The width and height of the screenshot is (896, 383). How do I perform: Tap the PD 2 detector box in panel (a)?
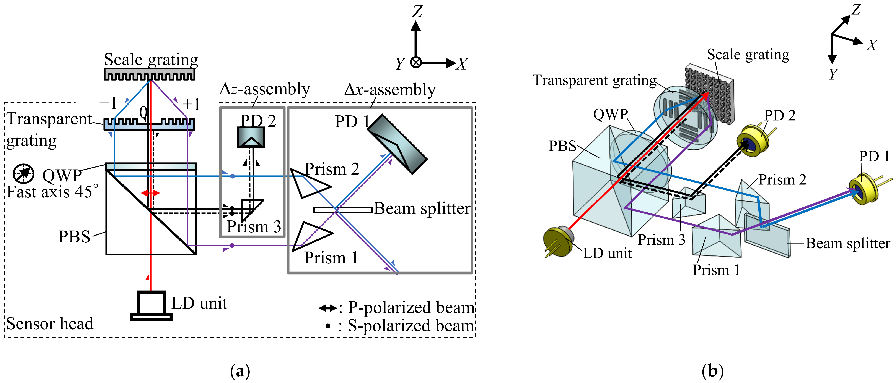point(251,137)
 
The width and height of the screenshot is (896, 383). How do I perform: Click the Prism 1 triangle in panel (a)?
point(311,236)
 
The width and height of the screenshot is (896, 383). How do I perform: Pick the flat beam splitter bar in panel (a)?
point(343,210)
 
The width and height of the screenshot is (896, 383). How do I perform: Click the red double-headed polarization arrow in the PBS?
point(150,193)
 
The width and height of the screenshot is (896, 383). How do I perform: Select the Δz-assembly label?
point(265,89)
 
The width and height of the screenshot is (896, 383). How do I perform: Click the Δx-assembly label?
point(389,90)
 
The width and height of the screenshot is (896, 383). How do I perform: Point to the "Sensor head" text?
point(50,323)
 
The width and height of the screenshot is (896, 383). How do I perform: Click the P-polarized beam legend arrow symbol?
point(327,308)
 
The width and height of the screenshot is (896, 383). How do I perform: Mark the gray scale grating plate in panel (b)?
point(710,94)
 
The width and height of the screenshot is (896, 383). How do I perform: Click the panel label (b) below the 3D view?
point(712,371)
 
